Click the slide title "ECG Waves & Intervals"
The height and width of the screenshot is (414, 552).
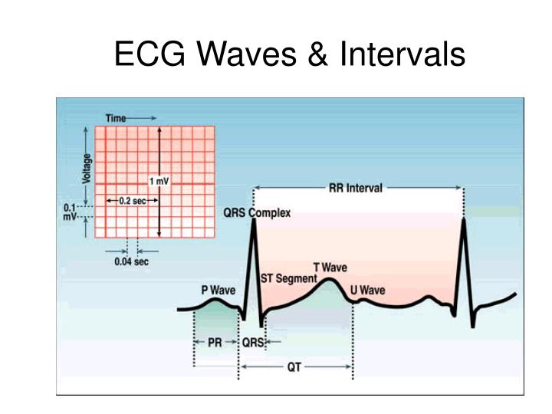pyautogui.click(x=290, y=54)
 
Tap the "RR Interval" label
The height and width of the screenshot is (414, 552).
pyautogui.click(x=355, y=189)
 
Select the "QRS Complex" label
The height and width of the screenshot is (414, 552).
pyautogui.click(x=257, y=213)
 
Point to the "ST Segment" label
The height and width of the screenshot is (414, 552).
pyautogui.click(x=289, y=278)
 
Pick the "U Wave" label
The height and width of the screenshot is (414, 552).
pyautogui.click(x=367, y=291)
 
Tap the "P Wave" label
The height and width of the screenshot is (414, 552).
pyautogui.click(x=218, y=291)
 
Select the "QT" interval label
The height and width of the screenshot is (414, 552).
pyautogui.click(x=294, y=367)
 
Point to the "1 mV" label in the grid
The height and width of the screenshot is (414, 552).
pyautogui.click(x=159, y=181)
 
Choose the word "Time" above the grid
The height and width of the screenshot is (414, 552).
pyautogui.click(x=116, y=117)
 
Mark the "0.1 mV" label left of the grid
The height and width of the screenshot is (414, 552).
pyautogui.click(x=71, y=212)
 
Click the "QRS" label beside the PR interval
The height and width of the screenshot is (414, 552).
pyautogui.click(x=252, y=343)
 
